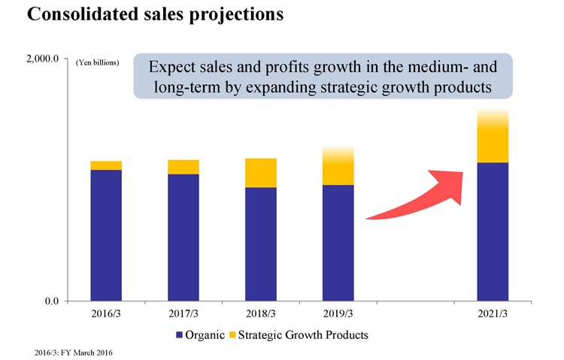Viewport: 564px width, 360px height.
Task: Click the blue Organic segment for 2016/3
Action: pyautogui.click(x=106, y=235)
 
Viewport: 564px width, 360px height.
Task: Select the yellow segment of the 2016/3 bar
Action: pyautogui.click(x=106, y=165)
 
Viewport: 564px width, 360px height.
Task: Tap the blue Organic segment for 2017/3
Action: pyautogui.click(x=183, y=237)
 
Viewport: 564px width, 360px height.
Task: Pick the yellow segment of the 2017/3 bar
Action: pyautogui.click(x=183, y=168)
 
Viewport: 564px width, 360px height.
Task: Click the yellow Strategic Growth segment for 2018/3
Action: pyautogui.click(x=261, y=173)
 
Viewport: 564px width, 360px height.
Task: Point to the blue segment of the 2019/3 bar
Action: pyautogui.click(x=338, y=243)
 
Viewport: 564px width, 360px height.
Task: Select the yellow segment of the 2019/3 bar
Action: pyautogui.click(x=338, y=166)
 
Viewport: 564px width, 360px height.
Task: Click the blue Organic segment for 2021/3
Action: pyautogui.click(x=493, y=231)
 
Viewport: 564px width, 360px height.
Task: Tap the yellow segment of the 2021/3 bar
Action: pyautogui.click(x=493, y=136)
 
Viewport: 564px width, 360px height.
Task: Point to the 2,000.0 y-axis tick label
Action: pyautogui.click(x=42, y=59)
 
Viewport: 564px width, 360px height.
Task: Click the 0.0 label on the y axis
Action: pyautogui.click(x=52, y=301)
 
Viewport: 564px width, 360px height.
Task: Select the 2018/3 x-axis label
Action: pyautogui.click(x=261, y=314)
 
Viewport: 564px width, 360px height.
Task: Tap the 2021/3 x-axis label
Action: pyautogui.click(x=493, y=314)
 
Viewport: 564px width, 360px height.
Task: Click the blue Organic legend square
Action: pyautogui.click(x=179, y=335)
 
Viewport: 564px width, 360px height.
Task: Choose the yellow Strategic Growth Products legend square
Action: pyautogui.click(x=232, y=335)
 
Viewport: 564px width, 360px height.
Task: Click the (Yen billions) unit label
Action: pyautogui.click(x=97, y=62)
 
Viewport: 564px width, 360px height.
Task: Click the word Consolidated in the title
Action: pyautogui.click(x=83, y=14)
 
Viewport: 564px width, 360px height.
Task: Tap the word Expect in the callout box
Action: pyautogui.click(x=168, y=67)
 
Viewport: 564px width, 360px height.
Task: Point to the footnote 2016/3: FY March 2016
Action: pyautogui.click(x=74, y=352)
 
